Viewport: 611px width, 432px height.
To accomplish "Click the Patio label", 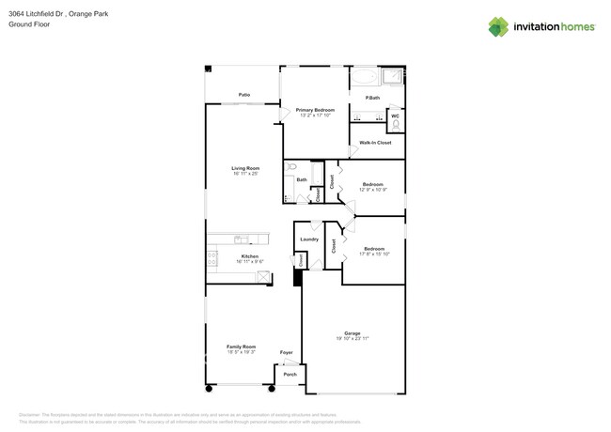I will pos(243,95).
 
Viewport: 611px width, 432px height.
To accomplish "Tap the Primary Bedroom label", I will pos(315,110).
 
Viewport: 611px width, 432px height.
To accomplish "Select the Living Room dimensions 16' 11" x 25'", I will pos(245,174).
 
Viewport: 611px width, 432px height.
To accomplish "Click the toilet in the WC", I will pos(396,122).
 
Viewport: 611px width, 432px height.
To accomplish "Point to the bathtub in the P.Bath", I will pos(366,76).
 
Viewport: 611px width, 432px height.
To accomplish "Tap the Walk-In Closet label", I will pos(375,143).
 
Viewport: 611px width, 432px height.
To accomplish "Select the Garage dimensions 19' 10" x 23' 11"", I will pos(352,338).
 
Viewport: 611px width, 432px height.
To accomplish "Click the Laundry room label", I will pos(309,239).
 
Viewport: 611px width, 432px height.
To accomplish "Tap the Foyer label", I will pos(287,353).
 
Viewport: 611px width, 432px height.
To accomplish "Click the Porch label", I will pos(290,375).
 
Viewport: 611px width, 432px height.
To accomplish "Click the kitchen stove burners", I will pos(212,258).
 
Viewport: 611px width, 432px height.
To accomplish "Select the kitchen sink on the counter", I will pos(242,239).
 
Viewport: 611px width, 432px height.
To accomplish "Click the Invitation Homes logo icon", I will pos(498,26).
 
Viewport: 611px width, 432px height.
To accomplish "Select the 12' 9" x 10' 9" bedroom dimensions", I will pos(372,190).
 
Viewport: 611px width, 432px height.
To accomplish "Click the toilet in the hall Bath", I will pos(291,166).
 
